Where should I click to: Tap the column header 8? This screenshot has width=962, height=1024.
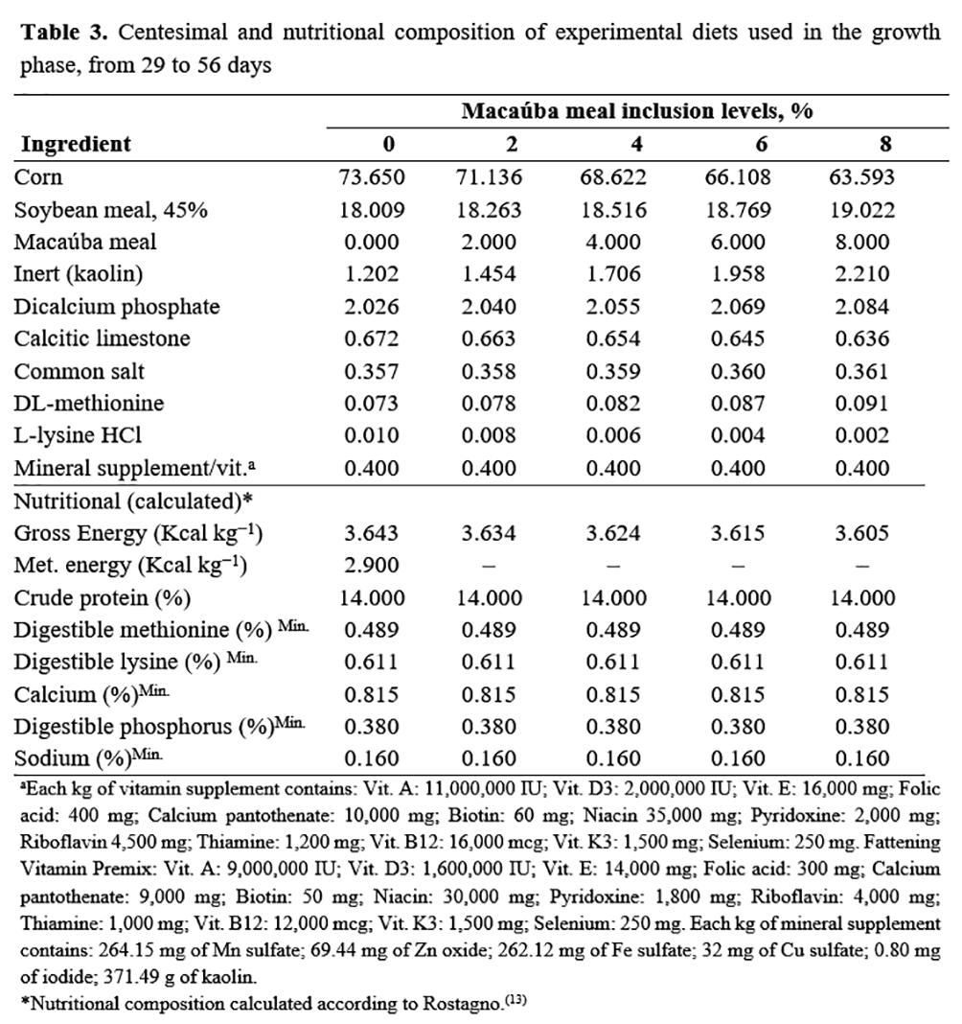point(885,145)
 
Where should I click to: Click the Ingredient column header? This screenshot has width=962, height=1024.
point(77,145)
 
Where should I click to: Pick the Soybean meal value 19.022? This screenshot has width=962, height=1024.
point(885,210)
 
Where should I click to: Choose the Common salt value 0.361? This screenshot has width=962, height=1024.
point(885,371)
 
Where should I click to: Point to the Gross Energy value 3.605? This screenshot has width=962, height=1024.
point(885,533)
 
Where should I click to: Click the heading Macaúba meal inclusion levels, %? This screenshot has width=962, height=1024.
point(637,110)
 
